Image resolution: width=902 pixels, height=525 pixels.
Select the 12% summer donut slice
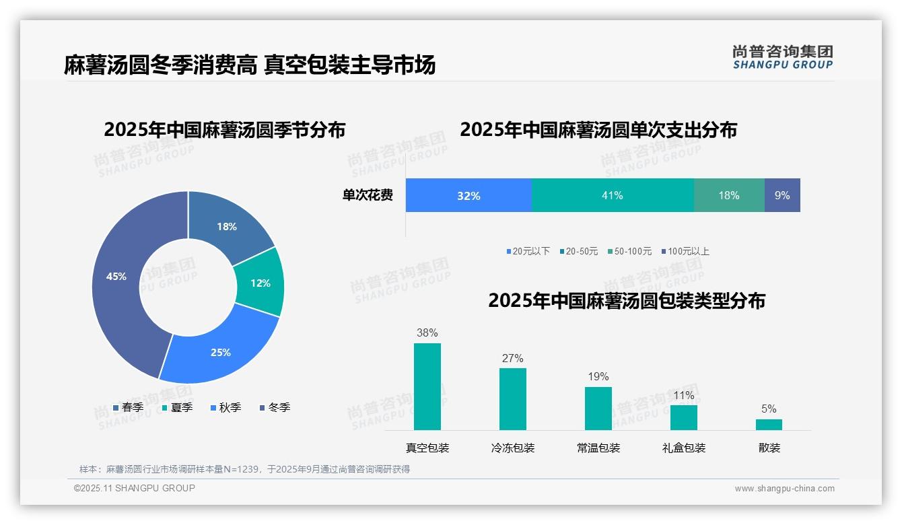tap(260, 283)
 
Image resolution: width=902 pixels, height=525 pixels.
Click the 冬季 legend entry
tap(275, 407)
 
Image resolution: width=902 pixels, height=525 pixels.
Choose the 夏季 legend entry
tap(177, 407)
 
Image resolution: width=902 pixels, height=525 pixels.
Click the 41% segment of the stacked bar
tap(612, 195)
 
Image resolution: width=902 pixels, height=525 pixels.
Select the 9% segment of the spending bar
tap(782, 195)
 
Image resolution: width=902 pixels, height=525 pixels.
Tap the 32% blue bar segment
tap(469, 195)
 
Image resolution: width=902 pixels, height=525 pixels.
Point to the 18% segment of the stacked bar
tap(728, 195)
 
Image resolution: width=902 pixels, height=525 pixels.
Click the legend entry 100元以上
tap(685, 251)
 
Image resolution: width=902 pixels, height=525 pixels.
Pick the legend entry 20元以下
tap(528, 251)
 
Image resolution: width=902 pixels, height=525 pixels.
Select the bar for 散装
tap(769, 424)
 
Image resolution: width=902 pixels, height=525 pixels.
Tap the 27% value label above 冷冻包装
tap(512, 358)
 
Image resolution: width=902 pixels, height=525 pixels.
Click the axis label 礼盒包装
tap(683, 448)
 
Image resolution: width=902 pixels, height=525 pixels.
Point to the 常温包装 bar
tap(598, 408)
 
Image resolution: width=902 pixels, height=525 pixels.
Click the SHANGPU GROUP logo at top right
tap(782, 57)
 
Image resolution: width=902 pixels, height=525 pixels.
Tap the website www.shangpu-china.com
tap(784, 488)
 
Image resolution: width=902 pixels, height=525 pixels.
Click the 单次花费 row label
tap(368, 195)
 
